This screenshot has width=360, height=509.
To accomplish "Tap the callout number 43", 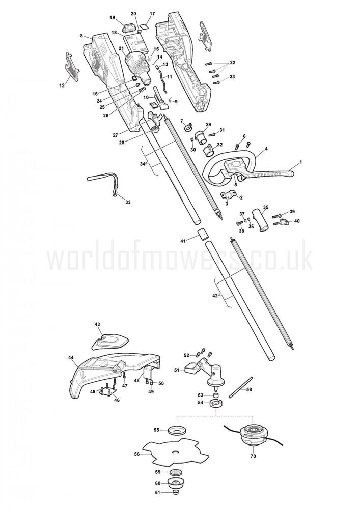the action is pos(97,324).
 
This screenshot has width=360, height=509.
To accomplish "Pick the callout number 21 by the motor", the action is pos(121,48).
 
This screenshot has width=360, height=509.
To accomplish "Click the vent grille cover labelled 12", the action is pos(73,67).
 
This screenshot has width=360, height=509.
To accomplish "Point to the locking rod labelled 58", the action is pos(240,387).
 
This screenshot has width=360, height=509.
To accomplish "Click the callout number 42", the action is pos(215,295).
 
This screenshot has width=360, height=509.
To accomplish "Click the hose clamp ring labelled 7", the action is pos(187,128).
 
